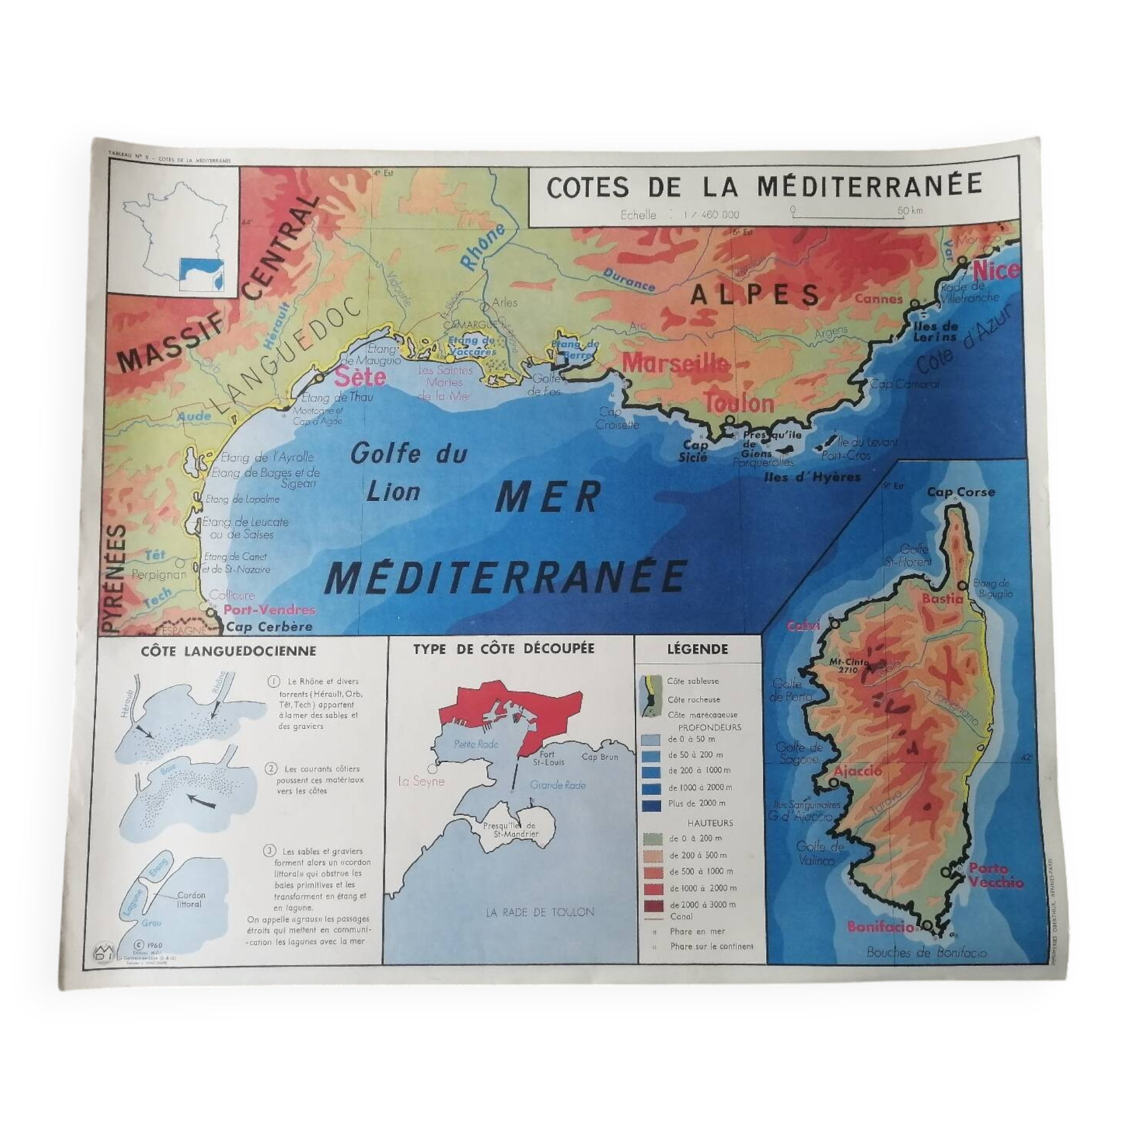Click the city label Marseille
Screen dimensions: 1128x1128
(676, 363)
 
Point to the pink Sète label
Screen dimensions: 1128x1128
(360, 377)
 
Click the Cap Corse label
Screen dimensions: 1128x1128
(961, 492)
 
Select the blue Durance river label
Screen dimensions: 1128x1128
(629, 280)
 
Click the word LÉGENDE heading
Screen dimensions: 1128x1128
(697, 649)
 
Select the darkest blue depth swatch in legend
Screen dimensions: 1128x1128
(651, 806)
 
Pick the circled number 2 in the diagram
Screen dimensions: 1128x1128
(270, 769)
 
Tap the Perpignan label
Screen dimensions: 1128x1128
(158, 575)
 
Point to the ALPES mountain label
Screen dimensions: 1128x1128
(756, 295)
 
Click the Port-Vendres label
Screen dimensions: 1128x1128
(269, 610)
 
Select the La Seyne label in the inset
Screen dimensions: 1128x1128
(420, 782)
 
